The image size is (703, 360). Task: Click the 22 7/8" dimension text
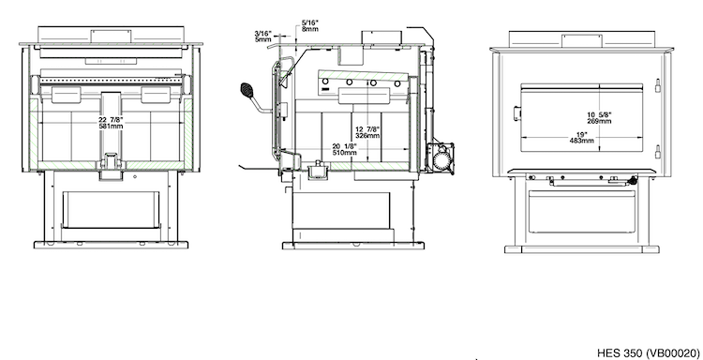(111, 120)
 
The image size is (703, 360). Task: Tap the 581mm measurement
(111, 127)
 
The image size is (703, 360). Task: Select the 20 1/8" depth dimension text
(344, 146)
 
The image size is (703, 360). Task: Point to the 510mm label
(344, 153)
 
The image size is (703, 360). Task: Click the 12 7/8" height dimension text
(367, 129)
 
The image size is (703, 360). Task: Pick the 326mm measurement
(367, 135)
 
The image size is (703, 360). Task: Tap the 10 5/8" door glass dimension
(600, 115)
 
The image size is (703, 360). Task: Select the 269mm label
(600, 122)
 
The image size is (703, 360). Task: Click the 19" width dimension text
(582, 134)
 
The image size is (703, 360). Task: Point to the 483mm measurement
(582, 141)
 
